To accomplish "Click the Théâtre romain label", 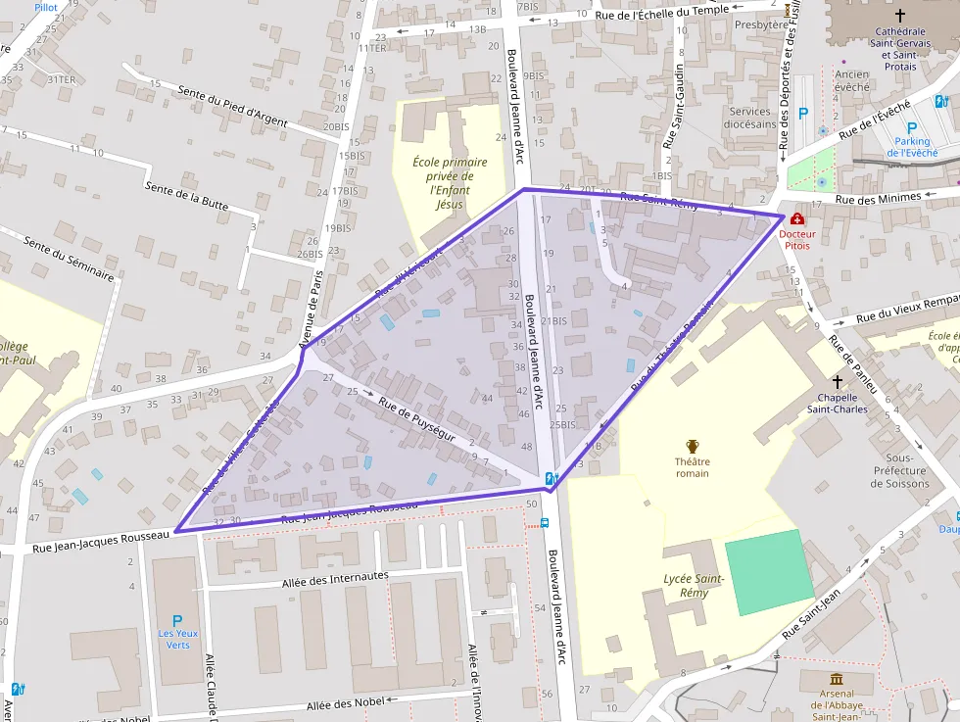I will [x=692, y=467].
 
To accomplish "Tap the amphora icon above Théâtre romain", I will [x=693, y=446].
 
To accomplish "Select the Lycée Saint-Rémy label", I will [x=694, y=586].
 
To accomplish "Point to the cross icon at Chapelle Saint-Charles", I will [x=838, y=380].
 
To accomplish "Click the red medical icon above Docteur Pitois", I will [x=796, y=217].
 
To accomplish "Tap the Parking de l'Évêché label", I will [x=912, y=147].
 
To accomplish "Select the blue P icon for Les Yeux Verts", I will [x=177, y=620].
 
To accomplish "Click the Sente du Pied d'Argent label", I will [x=233, y=107].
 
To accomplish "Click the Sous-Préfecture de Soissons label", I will [x=892, y=470].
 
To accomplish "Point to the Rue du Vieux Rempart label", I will [x=907, y=310].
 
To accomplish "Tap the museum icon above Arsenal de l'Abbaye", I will [x=837, y=679].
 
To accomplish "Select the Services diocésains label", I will [x=750, y=119].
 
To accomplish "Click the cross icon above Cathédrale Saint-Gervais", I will [x=900, y=16].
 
